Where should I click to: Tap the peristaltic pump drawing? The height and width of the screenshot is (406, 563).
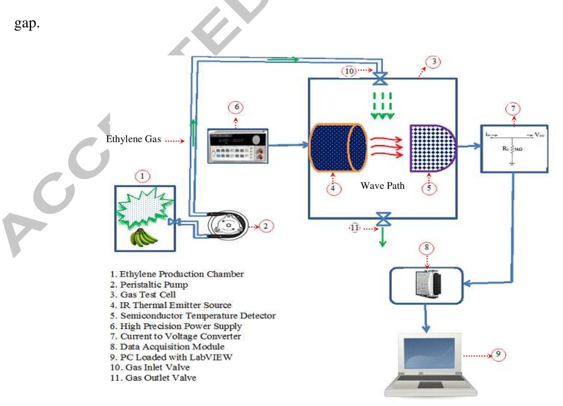(228, 225)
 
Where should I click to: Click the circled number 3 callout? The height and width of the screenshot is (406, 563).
(434, 62)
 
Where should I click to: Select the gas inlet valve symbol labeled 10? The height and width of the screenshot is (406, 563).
(380, 79)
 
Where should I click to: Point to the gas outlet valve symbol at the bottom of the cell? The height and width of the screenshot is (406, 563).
(384, 219)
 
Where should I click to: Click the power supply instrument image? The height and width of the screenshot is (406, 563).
(238, 146)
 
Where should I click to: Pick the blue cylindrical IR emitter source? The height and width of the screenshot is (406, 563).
(337, 148)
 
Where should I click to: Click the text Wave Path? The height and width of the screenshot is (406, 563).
(382, 186)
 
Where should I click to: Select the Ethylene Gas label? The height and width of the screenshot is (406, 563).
(133, 139)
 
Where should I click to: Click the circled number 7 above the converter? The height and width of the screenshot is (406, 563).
(513, 109)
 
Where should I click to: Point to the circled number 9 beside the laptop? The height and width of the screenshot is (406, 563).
(498, 354)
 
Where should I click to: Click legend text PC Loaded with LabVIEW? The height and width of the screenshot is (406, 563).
(171, 357)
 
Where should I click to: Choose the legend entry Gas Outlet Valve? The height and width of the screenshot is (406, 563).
(153, 378)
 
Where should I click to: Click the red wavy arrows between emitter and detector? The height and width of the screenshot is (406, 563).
(387, 147)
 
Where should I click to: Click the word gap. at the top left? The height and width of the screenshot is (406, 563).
(27, 23)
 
